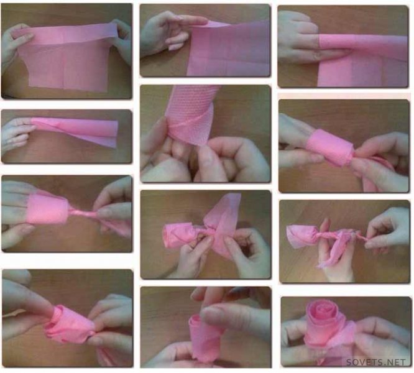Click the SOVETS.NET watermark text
point(375,362)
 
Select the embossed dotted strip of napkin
point(188,114)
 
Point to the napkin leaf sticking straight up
point(224,211)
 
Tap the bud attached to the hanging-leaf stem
point(301,236)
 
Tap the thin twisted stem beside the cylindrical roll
point(82,213)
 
